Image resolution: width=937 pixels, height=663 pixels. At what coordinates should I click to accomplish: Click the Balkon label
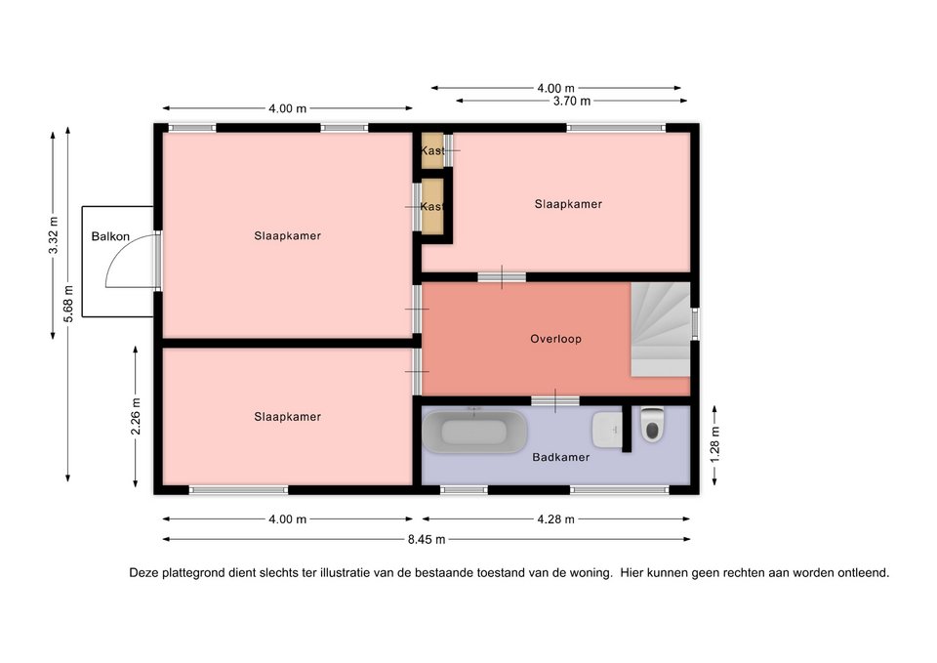110,236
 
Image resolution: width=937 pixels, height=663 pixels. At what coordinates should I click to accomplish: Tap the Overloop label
555,339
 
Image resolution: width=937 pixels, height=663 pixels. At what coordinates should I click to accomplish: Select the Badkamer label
561,457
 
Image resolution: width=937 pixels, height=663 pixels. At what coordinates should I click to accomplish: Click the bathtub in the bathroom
474,431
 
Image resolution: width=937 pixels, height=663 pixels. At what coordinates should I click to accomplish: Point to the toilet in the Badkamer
652,424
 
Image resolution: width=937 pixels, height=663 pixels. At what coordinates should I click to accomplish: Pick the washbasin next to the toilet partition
606,430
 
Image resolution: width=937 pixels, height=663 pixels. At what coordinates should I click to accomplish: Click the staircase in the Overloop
661,329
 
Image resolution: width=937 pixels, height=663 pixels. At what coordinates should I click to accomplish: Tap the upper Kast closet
432,150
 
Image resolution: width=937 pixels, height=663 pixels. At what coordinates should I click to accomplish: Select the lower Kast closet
432,206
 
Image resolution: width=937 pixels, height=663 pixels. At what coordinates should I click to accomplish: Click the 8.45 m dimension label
427,539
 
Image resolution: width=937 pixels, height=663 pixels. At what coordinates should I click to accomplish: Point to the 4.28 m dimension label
555,518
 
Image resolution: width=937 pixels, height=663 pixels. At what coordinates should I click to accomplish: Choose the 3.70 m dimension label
572,101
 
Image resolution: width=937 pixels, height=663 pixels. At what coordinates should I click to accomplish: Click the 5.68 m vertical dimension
68,304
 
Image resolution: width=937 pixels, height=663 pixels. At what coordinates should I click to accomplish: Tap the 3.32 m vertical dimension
54,233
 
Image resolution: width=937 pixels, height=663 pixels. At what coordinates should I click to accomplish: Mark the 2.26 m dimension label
136,417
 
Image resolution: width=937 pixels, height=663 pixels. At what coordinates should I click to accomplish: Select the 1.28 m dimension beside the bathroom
714,444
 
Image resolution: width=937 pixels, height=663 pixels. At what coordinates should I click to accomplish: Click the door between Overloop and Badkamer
555,400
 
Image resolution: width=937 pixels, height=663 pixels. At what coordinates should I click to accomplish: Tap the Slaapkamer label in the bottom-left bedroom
287,417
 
